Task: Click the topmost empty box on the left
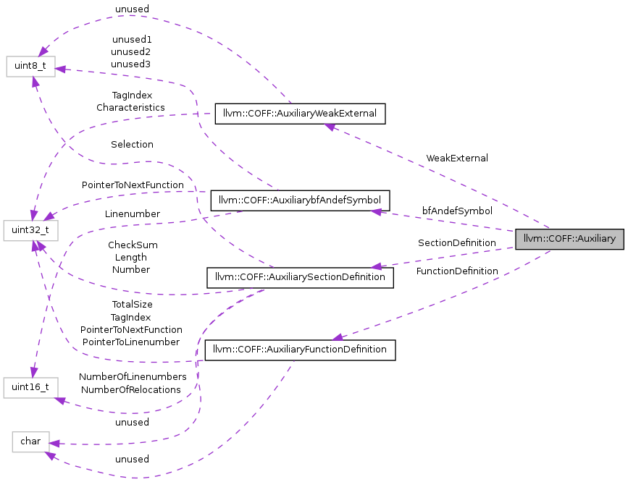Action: pyautogui.click(x=30, y=66)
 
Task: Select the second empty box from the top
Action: pyautogui.click(x=30, y=231)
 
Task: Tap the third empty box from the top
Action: pyautogui.click(x=30, y=387)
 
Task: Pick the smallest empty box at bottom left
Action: pyautogui.click(x=30, y=441)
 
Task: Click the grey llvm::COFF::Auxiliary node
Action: pyautogui.click(x=569, y=239)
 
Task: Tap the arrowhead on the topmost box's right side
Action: pyautogui.click(x=61, y=69)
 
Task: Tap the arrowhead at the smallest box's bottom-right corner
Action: pyautogui.click(x=49, y=455)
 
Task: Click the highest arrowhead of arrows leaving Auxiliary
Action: pyautogui.click(x=330, y=127)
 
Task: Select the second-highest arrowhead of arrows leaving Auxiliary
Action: pyautogui.click(x=376, y=211)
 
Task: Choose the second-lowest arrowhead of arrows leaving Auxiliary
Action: pyautogui.click(x=376, y=267)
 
